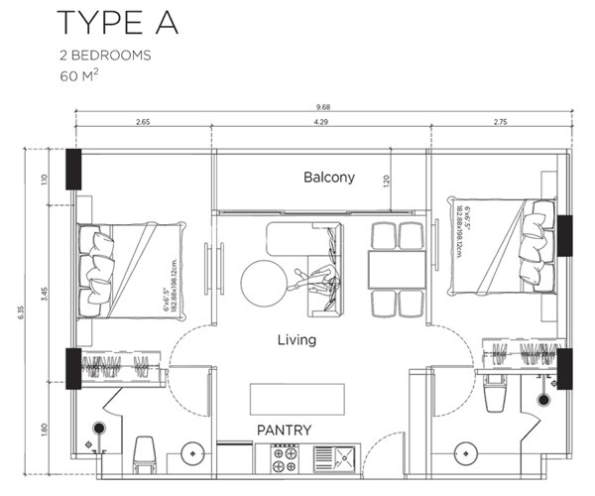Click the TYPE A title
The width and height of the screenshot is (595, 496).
coord(117,22)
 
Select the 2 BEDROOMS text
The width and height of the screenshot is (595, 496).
coord(105,56)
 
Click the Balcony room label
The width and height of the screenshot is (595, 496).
coord(329,178)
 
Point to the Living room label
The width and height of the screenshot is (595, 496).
coord(297,340)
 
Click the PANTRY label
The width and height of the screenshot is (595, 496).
coord(285,431)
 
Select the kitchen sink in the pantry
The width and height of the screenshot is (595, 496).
coord(337,458)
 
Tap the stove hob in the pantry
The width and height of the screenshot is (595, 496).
coord(286,458)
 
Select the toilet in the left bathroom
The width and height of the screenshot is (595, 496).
coord(145,455)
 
